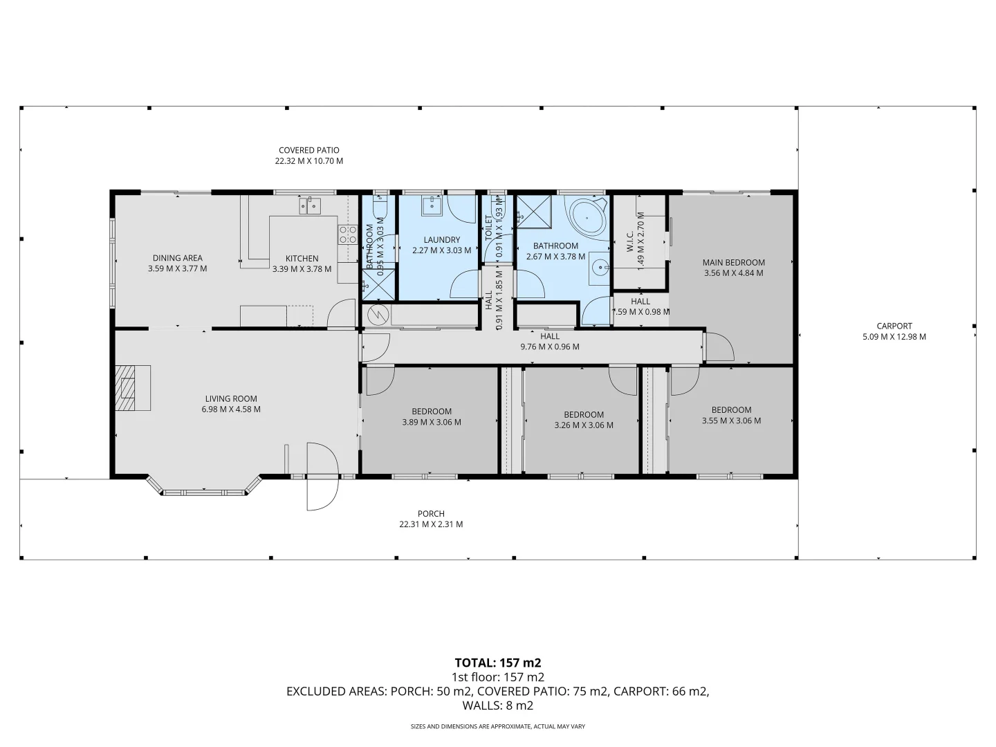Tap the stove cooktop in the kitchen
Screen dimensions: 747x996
pos(347,234)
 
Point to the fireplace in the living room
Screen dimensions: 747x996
pos(132,388)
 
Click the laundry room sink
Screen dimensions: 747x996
pos(432,203)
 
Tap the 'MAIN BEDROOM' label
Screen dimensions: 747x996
pos(733,262)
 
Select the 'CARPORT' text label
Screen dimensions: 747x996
pos(894,326)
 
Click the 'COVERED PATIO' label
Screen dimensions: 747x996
pos(308,150)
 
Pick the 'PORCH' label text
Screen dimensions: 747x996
pos(431,513)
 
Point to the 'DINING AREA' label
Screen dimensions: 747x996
pos(177,258)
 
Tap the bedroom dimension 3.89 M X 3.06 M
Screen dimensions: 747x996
pos(431,422)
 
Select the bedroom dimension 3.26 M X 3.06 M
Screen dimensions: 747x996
pos(583,425)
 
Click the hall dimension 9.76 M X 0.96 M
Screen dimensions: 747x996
pos(550,347)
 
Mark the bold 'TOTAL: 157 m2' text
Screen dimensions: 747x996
pos(497,663)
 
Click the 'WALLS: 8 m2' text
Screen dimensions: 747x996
pos(497,705)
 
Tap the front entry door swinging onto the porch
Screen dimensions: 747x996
pos(322,477)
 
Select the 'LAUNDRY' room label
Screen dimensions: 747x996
pos(441,240)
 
